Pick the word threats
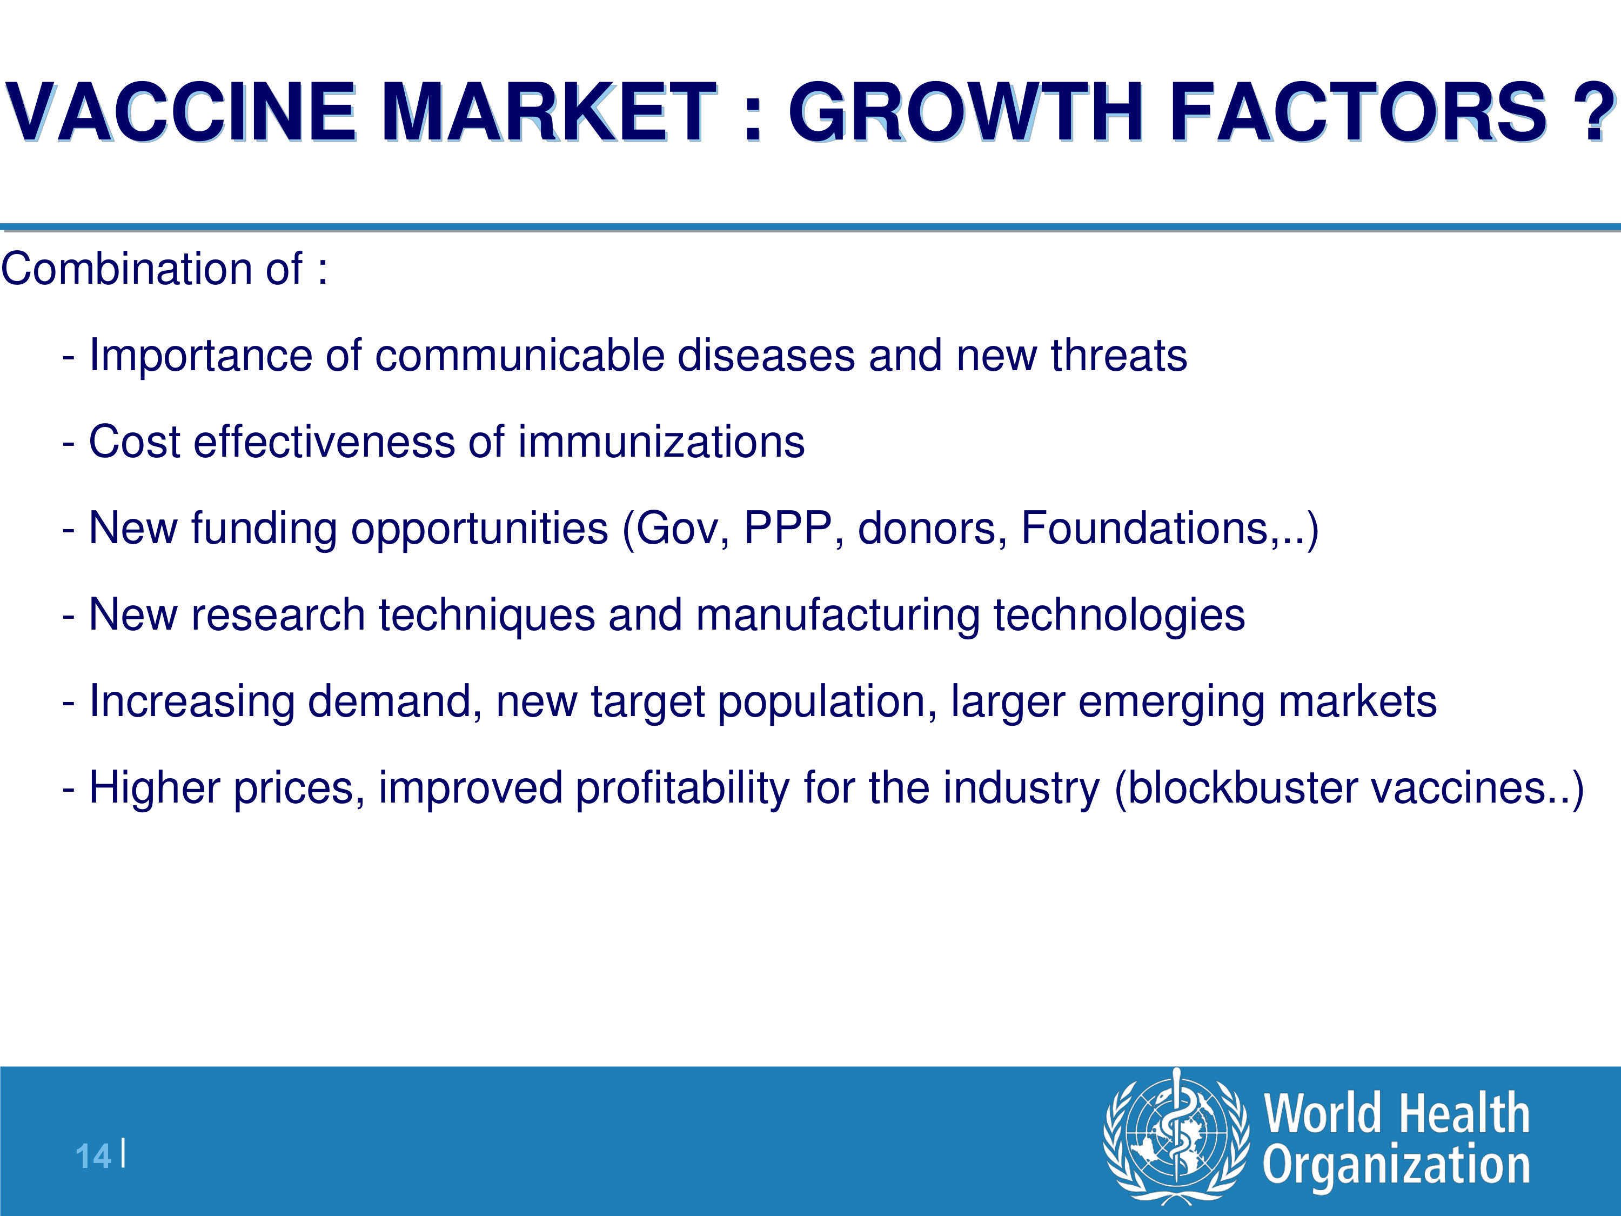1119,356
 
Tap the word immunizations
661,442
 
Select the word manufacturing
838,614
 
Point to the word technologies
1119,614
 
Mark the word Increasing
191,701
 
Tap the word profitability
683,788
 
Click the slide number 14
93,1157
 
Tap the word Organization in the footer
1397,1165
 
